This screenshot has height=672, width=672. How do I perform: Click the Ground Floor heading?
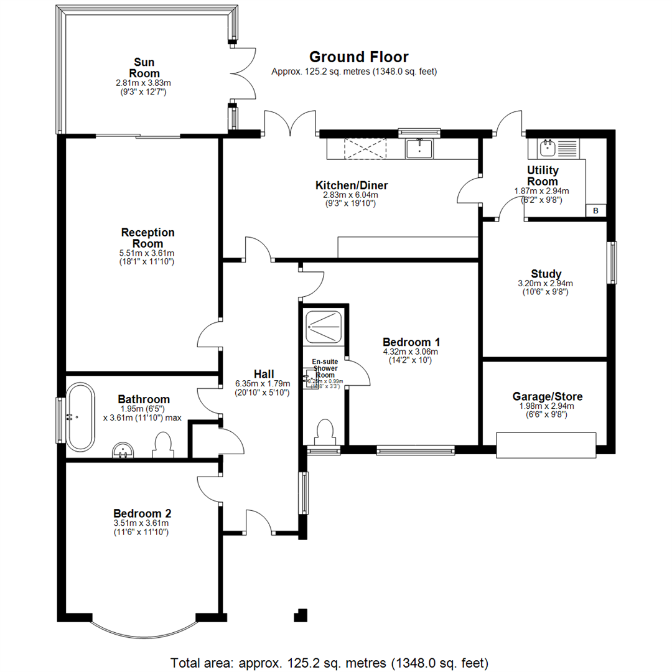359,57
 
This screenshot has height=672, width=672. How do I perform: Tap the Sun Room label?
144,68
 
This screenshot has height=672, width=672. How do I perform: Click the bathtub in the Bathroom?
81,418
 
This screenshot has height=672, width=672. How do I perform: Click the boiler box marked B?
595,210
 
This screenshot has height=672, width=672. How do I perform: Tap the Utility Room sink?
548,147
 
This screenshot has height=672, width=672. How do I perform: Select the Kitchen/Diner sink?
420,148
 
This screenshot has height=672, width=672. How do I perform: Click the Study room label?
546,274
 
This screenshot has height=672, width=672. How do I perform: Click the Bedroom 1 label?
411,342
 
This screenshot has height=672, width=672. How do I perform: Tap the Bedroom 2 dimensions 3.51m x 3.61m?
142,523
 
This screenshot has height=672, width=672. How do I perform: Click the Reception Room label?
147,238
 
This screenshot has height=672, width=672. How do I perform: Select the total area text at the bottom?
329,661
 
